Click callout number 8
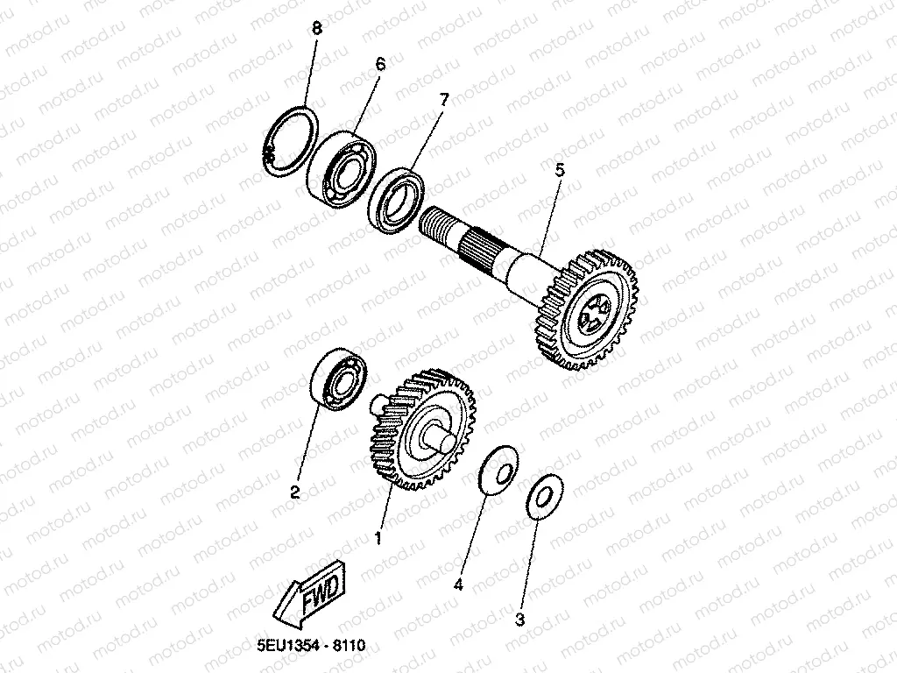(x=317, y=29)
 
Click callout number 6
(x=380, y=65)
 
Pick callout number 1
(x=378, y=537)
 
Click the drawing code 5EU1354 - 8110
(x=311, y=646)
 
